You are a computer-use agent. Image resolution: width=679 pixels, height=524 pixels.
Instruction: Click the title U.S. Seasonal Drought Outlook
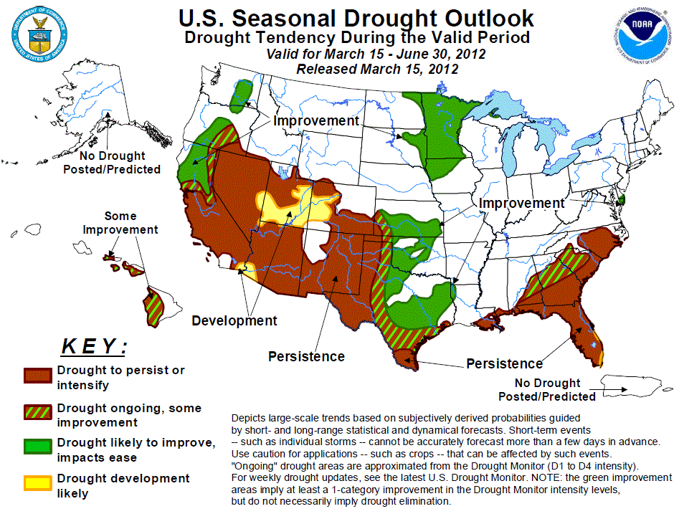(356, 18)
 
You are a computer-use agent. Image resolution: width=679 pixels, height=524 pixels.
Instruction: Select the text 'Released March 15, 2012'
(376, 69)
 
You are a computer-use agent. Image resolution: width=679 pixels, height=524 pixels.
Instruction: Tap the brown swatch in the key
(37, 376)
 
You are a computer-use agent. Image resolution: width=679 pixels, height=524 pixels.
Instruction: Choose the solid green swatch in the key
(37, 448)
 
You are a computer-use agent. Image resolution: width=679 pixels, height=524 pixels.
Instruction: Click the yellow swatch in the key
(37, 485)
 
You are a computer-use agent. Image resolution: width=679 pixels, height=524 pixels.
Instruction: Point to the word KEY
(94, 348)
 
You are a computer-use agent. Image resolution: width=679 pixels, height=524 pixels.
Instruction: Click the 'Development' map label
(234, 320)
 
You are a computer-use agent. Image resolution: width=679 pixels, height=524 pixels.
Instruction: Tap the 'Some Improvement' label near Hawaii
(120, 223)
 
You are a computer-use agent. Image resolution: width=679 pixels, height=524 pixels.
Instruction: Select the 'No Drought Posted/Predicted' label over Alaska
(112, 163)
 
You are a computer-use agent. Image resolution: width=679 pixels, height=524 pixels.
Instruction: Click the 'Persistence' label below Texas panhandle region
(306, 356)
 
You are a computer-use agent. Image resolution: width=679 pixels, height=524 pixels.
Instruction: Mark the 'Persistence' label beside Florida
(504, 363)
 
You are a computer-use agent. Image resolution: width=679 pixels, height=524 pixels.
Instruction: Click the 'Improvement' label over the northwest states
(315, 121)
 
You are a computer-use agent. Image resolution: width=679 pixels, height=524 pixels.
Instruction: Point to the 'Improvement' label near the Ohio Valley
(521, 204)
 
